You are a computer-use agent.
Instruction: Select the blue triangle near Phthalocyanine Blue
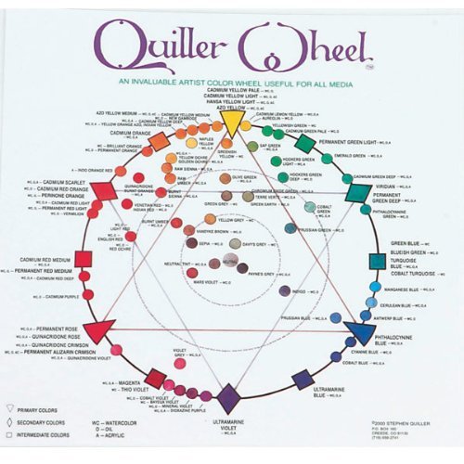point(360,332)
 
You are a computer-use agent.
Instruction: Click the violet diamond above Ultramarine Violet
point(229,398)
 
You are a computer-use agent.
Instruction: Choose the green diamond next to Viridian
point(358,192)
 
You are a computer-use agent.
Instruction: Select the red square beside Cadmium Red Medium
point(84,259)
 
